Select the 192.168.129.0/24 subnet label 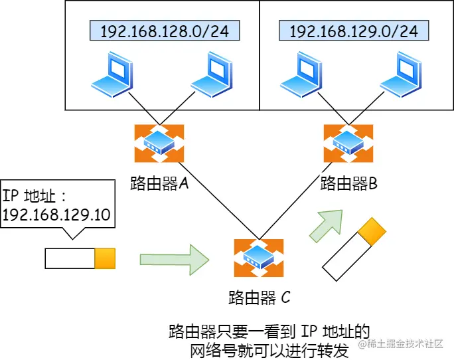[x=353, y=31]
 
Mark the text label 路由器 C [x=259, y=297]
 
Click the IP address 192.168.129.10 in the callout [x=56, y=215]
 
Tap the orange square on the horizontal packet [x=105, y=258]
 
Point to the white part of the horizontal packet [x=70, y=258]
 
